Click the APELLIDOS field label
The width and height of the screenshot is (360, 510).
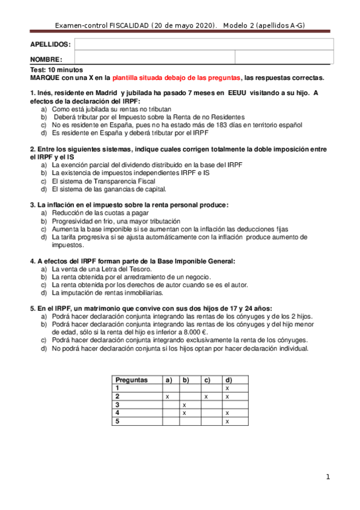[50, 45]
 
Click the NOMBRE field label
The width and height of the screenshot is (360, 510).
[46, 60]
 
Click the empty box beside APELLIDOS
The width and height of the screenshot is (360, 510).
[204, 44]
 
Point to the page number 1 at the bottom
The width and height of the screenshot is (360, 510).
[328, 477]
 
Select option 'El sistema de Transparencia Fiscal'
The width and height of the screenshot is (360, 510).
[103, 181]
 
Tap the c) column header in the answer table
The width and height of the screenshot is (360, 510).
[207, 380]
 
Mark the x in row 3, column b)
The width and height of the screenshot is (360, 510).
[184, 405]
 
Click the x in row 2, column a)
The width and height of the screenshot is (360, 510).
[167, 397]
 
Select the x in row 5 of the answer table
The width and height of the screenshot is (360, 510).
[227, 422]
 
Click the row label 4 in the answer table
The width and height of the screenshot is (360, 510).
[117, 414]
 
